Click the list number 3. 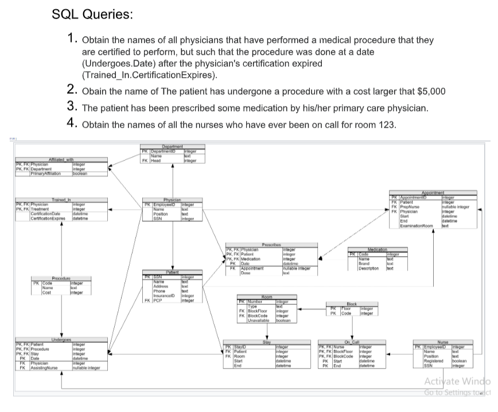click(x=72, y=107)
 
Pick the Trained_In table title click(x=60, y=199)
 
